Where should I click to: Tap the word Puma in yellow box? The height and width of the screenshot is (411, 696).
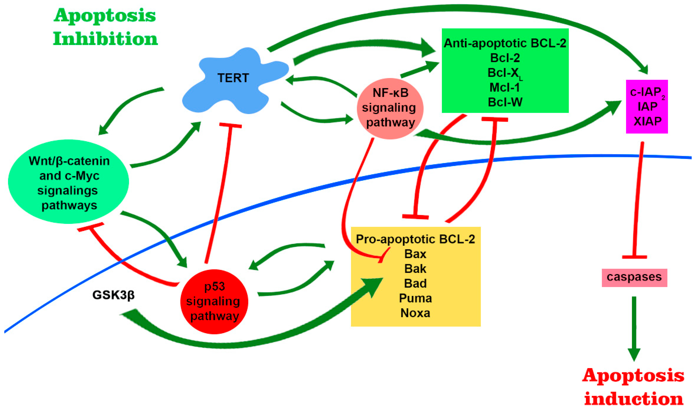415,298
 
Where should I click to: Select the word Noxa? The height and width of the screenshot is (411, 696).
415,313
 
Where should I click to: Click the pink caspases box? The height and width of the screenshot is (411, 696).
634,277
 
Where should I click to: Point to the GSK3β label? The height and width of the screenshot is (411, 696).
113,295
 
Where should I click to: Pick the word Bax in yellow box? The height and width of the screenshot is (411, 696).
415,254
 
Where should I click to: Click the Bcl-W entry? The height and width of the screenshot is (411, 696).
505,102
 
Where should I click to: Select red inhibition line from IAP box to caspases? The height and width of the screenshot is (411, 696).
638,199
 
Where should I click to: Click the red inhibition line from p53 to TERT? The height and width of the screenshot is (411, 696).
219,194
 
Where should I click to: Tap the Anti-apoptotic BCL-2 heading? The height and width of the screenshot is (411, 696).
505,43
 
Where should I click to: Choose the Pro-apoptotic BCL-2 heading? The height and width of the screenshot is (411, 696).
415,239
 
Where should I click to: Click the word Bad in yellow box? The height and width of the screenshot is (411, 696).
415,283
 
